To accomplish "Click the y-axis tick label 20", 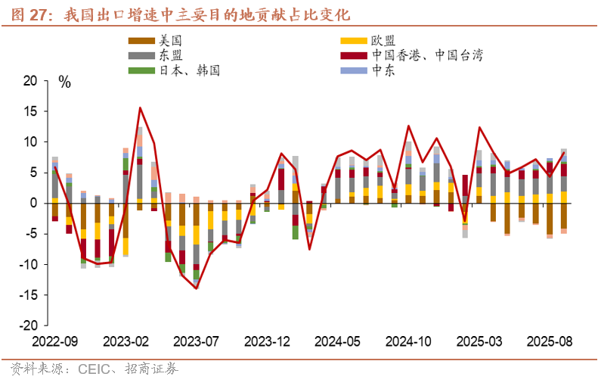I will (29, 81).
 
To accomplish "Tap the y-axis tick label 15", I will (29, 111).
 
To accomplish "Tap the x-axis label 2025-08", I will (550, 341).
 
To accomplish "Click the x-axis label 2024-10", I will (410, 341).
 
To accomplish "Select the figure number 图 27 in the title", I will (26, 14).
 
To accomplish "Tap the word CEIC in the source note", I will (94, 370).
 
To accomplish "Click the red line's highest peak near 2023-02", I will (140, 107).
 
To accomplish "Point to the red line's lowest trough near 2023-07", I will (197, 288).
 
